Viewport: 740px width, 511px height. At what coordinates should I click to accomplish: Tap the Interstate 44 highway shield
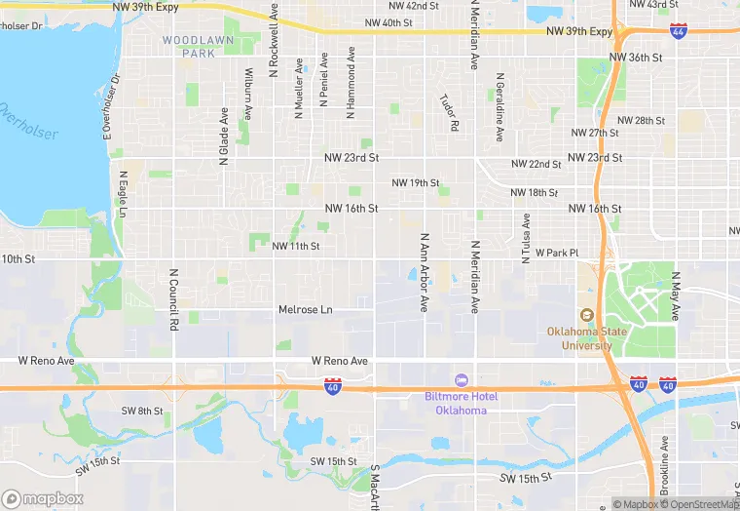tap(678, 32)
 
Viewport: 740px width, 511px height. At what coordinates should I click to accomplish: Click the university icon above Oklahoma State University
tap(586, 315)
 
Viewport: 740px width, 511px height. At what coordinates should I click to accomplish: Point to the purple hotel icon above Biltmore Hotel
tap(461, 379)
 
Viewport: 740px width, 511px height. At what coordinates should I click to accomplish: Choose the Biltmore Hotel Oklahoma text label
tap(461, 403)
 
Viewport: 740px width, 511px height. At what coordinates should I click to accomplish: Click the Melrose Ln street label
tap(306, 310)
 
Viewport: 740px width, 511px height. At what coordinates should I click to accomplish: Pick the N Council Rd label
tap(173, 298)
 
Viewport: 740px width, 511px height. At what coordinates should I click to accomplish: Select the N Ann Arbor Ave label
tap(425, 272)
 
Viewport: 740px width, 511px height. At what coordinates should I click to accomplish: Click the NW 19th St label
tap(416, 183)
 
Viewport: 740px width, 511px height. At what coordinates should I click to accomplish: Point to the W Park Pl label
tap(557, 253)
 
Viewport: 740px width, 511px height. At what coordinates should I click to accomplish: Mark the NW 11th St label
tap(296, 247)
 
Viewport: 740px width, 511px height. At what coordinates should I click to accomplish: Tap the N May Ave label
tap(674, 295)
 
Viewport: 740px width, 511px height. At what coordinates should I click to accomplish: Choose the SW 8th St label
tap(143, 412)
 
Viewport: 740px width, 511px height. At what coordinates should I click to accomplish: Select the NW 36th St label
tap(645, 58)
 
